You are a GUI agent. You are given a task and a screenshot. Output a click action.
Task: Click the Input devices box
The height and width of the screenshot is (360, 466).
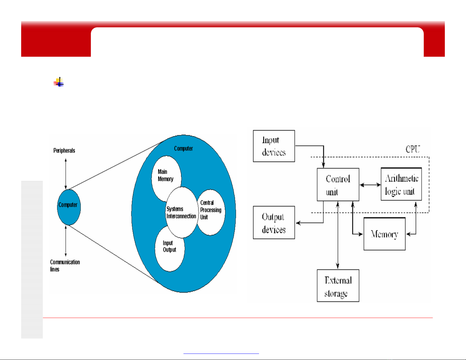coord(274,146)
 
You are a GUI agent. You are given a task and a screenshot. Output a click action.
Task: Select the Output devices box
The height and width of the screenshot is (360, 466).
coord(274,222)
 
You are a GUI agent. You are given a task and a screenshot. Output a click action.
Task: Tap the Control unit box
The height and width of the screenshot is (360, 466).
coord(338,185)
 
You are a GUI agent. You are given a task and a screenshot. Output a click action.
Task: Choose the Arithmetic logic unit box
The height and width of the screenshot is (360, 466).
coord(401,184)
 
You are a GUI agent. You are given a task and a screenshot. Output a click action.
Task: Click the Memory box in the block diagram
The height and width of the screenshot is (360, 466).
coord(385,234)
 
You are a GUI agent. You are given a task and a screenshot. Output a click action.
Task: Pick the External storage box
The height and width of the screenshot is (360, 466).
coord(338,286)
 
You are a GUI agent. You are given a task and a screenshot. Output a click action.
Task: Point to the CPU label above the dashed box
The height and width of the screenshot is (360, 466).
coord(412,149)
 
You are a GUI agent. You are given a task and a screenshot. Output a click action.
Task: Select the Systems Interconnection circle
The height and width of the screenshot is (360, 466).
coord(182,212)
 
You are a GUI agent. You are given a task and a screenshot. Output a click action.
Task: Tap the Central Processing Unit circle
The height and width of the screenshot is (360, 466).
coord(211,212)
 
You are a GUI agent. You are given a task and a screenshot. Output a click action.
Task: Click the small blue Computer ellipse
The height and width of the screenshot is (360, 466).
coord(69,207)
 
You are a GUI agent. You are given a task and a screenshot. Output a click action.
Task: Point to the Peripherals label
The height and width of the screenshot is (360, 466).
coord(64,150)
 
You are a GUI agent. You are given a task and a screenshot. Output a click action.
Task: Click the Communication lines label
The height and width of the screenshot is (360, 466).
coord(65,265)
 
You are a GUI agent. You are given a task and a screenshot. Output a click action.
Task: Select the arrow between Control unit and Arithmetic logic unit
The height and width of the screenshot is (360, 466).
coord(370,185)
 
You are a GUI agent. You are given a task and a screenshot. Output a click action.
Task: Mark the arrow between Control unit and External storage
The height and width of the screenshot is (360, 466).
coord(338,235)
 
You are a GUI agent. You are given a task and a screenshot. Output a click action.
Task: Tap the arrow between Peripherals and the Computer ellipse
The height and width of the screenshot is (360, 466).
coord(66,174)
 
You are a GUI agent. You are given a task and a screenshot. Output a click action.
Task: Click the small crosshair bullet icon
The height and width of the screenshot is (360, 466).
coord(59,82)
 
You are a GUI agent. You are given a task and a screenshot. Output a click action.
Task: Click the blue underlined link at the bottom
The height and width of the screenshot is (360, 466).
coord(221,353)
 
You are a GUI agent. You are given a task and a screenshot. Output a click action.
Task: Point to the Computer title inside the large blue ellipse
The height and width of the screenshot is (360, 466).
coord(183,148)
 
